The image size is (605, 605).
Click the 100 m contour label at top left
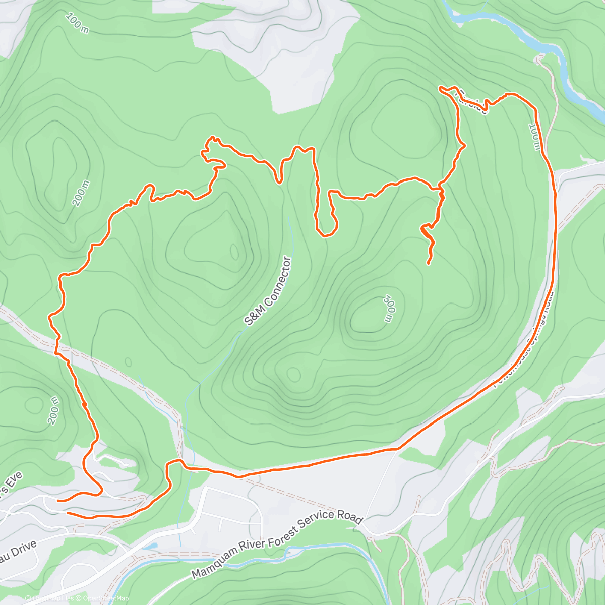tap(77, 23)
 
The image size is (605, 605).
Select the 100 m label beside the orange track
tap(535, 136)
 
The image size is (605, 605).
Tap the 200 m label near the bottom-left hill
tap(54, 410)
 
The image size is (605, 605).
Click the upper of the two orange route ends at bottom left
tap(58, 501)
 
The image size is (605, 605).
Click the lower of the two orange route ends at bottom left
tap(68, 513)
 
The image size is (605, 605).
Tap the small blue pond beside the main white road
tap(151, 546)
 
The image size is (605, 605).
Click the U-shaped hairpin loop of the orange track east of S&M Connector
tap(326, 232)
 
